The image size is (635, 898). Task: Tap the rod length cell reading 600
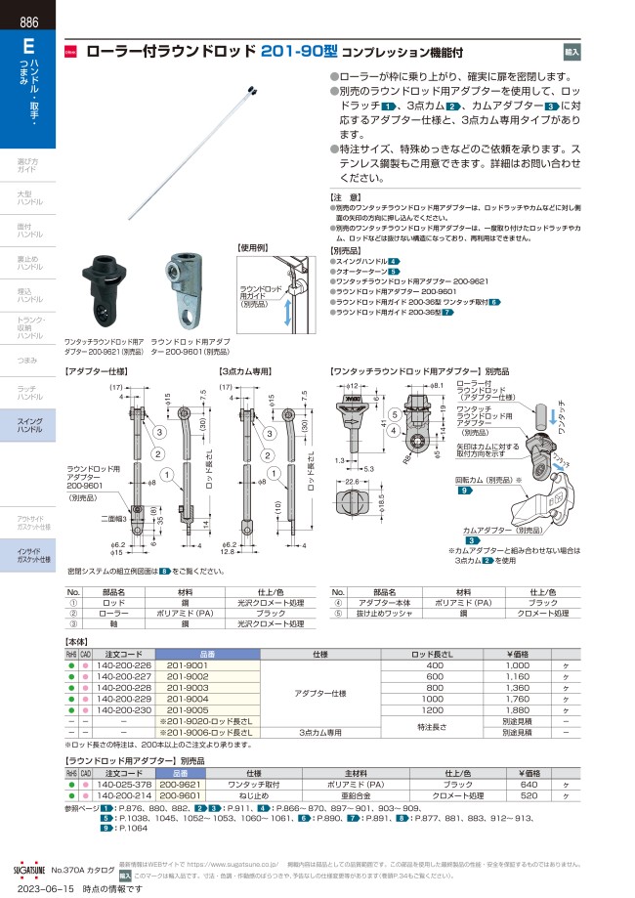[x=435, y=676]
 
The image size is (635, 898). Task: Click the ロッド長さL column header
[x=435, y=654]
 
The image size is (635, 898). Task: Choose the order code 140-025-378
[x=122, y=785]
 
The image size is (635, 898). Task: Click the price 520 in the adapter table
[x=529, y=796]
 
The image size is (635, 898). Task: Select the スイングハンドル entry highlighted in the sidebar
[x=30, y=426]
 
